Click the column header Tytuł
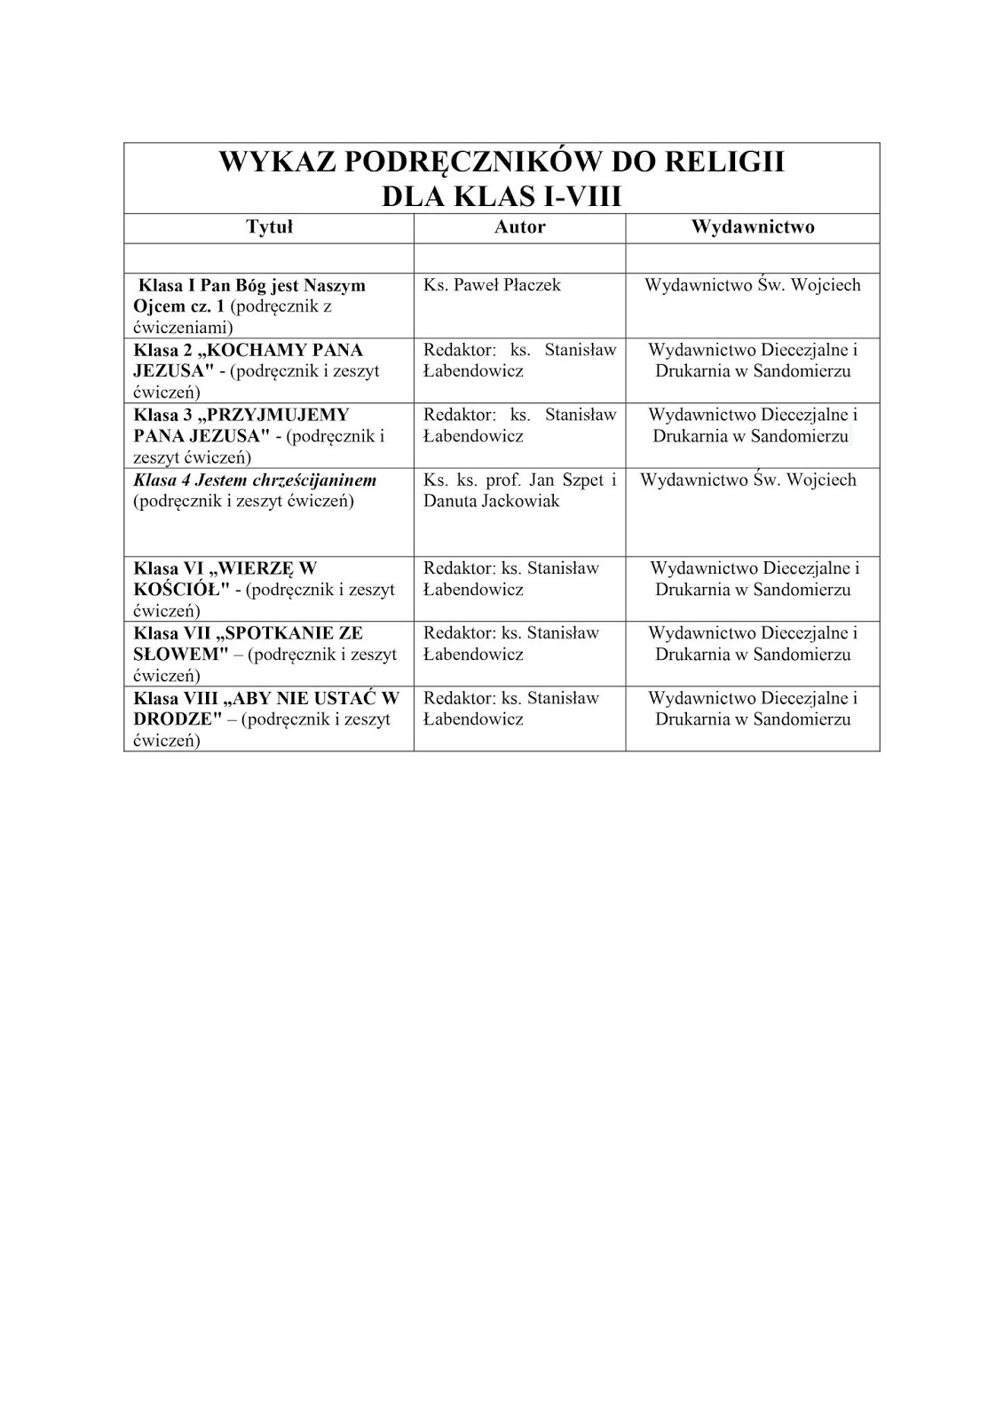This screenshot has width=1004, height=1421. coord(269,227)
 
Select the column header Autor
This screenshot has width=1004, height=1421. coord(519,227)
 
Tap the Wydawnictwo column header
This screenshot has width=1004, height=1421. coord(753,227)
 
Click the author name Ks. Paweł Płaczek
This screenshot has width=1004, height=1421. coord(492,285)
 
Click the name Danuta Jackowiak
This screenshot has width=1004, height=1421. coord(492,502)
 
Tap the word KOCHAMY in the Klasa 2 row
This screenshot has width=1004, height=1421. coord(286,350)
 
